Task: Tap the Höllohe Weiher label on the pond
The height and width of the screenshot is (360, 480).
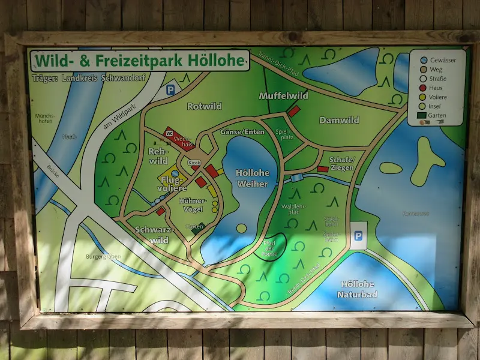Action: point(253,178)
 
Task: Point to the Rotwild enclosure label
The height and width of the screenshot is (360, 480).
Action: point(204,106)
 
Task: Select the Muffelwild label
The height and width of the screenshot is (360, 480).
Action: point(283,95)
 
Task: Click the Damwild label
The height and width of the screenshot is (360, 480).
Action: point(339,120)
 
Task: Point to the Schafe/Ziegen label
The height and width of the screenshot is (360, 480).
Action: point(342,163)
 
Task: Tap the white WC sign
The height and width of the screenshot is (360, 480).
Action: point(169,133)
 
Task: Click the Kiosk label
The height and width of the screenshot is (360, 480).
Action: point(194,163)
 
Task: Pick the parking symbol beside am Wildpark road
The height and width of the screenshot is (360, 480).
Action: point(170,91)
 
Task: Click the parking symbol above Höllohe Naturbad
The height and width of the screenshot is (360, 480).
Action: point(358,236)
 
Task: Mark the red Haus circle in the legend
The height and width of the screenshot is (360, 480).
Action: point(424,87)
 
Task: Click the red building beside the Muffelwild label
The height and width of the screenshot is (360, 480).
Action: point(293,111)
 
